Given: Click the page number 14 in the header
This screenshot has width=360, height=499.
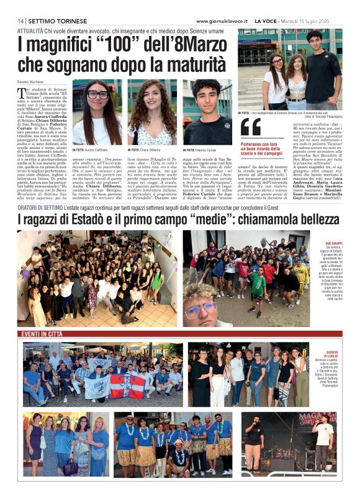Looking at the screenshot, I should [21, 21].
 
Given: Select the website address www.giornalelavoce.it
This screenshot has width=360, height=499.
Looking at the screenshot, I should [214, 21].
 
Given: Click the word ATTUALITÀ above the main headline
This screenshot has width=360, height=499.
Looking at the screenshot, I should [30, 30].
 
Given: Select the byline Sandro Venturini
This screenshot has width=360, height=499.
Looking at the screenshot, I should [31, 82].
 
